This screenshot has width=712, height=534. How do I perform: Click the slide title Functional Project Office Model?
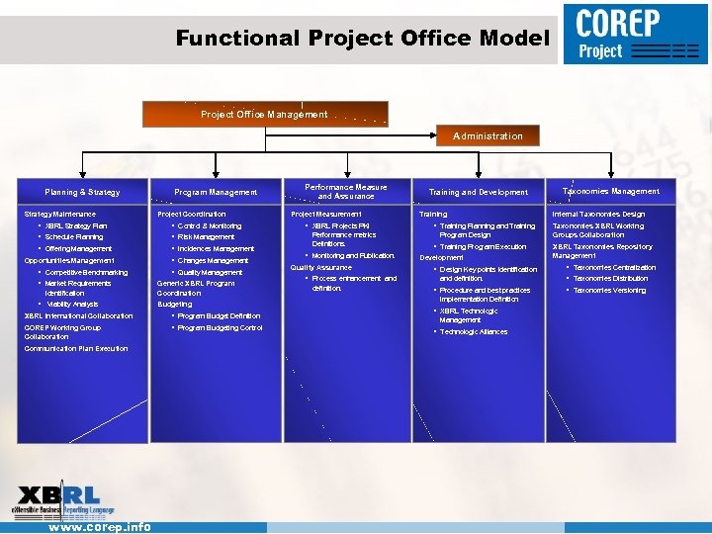[362, 39]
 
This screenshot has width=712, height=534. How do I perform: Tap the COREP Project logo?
[635, 35]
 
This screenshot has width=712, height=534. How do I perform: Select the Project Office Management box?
[264, 114]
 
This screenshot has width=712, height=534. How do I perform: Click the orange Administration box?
[488, 135]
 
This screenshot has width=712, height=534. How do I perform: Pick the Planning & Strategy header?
[82, 192]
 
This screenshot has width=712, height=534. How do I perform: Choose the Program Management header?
[216, 192]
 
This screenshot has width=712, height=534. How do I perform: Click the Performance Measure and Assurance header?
[346, 191]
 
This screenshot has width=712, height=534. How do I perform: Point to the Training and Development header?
[478, 192]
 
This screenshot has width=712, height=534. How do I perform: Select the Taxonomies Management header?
[610, 191]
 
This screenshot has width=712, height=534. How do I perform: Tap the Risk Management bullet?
[206, 237]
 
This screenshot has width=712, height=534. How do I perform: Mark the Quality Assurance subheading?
[320, 267]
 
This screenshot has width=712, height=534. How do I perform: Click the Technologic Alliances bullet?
[474, 332]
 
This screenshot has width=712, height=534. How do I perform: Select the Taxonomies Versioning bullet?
[609, 290]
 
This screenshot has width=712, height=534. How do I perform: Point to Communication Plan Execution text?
[76, 349]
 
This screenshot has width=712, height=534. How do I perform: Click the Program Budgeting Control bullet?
[220, 327]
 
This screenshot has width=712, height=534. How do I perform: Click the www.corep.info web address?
[100, 527]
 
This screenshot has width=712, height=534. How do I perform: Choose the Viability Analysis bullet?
[72, 304]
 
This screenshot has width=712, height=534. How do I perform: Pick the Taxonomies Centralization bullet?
[614, 267]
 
